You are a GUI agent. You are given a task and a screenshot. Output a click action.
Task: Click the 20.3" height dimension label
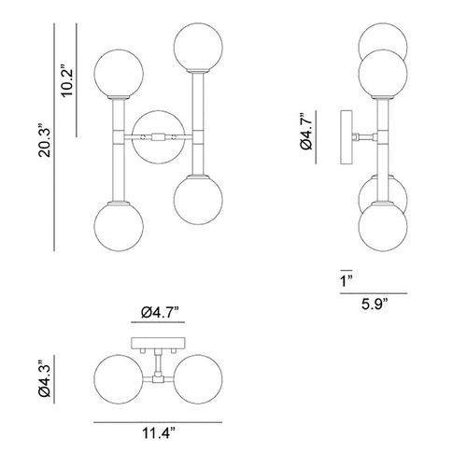(x=44, y=140)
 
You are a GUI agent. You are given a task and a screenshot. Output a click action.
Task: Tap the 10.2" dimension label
(x=67, y=81)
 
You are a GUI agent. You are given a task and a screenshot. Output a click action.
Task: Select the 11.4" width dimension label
(x=159, y=432)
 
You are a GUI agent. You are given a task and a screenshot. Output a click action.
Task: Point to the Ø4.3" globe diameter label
(x=45, y=379)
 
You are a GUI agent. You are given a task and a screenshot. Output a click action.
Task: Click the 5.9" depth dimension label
(x=375, y=304)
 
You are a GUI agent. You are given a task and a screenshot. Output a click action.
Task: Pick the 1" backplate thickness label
(x=346, y=281)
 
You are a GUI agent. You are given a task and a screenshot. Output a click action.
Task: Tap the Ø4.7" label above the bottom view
(x=160, y=312)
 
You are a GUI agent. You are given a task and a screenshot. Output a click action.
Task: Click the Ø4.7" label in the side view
(x=306, y=132)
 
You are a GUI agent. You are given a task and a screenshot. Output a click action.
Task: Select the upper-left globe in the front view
(x=119, y=74)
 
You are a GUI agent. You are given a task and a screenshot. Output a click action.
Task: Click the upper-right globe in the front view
(x=198, y=47)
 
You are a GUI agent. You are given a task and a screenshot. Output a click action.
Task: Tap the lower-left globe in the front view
(x=119, y=226)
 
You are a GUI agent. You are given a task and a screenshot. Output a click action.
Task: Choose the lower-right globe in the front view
(x=198, y=200)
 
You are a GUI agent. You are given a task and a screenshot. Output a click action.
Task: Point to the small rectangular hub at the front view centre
(x=158, y=137)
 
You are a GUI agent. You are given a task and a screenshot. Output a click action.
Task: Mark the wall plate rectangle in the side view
(x=347, y=137)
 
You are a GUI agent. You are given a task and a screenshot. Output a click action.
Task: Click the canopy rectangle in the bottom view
(x=158, y=343)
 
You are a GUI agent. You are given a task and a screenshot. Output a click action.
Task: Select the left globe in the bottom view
(x=119, y=379)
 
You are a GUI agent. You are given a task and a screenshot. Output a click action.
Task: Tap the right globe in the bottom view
(x=198, y=379)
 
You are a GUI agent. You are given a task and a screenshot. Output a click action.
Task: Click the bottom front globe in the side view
(x=383, y=226)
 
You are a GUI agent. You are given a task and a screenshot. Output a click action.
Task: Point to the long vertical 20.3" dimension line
(x=54, y=137)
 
